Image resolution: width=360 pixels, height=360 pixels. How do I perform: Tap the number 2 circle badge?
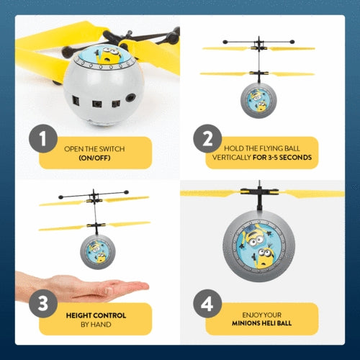(207, 140)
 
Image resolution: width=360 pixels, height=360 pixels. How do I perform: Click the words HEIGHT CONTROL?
(96, 315)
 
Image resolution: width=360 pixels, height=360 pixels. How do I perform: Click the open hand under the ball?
(79, 287)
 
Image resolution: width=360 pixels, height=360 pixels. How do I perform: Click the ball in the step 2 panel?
(259, 101)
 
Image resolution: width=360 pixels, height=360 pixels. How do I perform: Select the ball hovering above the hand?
(97, 251)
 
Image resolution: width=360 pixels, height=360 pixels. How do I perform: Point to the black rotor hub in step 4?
(258, 196)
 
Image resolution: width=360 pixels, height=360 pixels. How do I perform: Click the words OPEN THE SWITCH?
(94, 148)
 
